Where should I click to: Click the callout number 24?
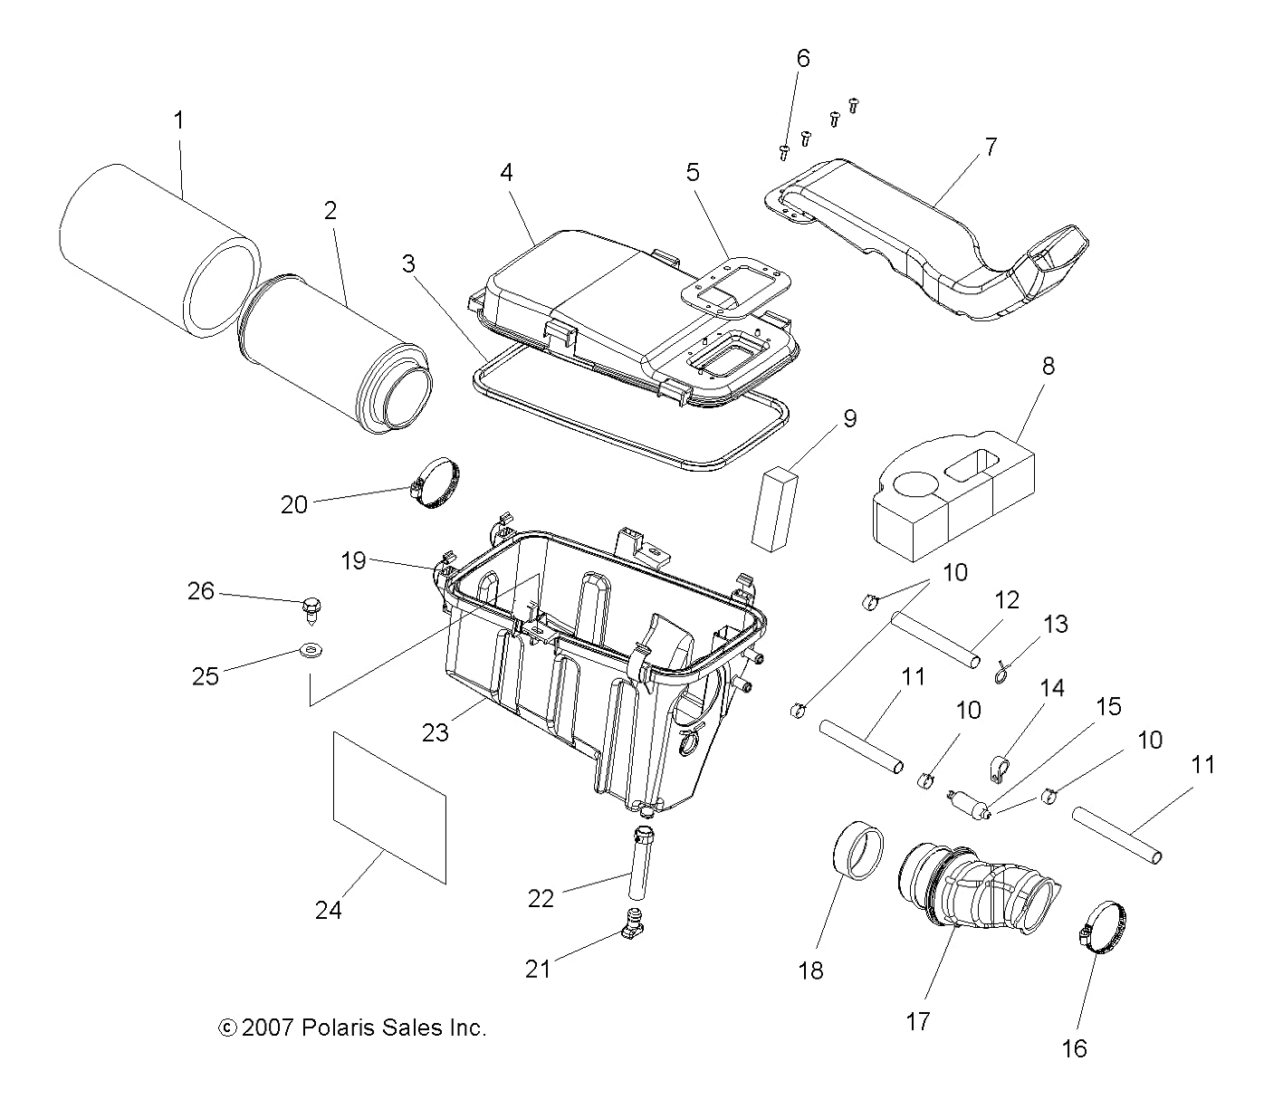328,910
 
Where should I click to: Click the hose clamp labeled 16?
1103,927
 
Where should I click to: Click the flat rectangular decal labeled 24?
389,808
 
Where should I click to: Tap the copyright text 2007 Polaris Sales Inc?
353,1028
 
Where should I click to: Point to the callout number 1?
178,120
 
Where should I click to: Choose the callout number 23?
435,731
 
